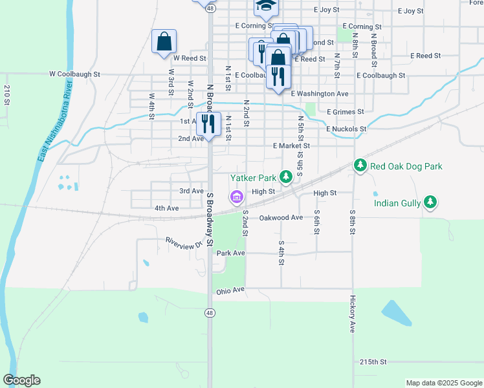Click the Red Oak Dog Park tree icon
click(x=360, y=166)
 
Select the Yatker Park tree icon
click(x=285, y=177)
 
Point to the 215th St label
click(x=373, y=361)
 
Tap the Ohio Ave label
click(x=231, y=290)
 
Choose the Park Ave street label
click(x=231, y=253)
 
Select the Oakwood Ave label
click(x=281, y=218)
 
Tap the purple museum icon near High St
click(x=236, y=196)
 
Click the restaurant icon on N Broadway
click(x=208, y=122)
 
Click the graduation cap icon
click(x=265, y=6)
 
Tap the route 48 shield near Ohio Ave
click(x=210, y=312)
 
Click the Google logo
click(x=21, y=380)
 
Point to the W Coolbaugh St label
click(x=75, y=74)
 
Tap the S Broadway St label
click(x=210, y=220)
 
